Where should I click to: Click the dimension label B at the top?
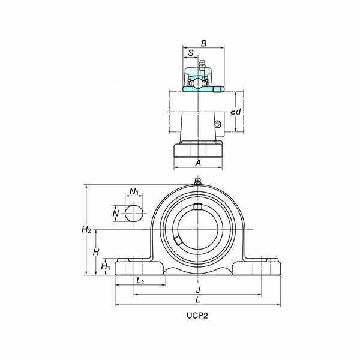pos(203,43)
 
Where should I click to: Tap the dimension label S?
pos(191,53)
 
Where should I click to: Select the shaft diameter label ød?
pos(236,112)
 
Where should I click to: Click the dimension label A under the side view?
pos(198,163)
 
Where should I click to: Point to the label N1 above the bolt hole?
pos(134,191)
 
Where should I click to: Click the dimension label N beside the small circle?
pos(116,213)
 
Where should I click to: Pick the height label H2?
pos(86,229)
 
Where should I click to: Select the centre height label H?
pos(96,252)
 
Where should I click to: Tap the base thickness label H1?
pos(106,266)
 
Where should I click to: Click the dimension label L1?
pos(140,280)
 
